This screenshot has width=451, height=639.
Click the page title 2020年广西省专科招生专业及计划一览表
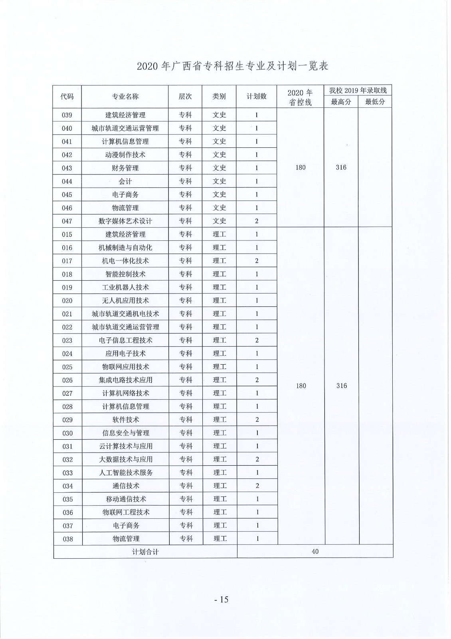[x=232, y=66]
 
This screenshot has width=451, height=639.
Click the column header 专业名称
[x=125, y=96]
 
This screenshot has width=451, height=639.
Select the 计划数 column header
[x=256, y=96]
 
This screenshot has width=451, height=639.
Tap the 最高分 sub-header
[x=341, y=102]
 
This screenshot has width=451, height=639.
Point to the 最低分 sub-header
[x=375, y=102]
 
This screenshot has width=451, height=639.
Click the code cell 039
[x=67, y=115]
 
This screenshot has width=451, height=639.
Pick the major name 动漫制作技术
[x=125, y=155]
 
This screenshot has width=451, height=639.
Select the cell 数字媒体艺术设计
[x=125, y=221]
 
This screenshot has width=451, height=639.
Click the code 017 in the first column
[x=67, y=261]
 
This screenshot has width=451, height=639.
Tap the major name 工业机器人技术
[x=125, y=287]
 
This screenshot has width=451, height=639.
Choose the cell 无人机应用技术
[x=125, y=300]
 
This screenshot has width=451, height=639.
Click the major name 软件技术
[x=126, y=419]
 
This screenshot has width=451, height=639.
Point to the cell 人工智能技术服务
[x=126, y=472]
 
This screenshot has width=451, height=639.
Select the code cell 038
[x=68, y=539]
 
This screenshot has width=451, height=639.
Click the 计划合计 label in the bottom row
[x=145, y=552]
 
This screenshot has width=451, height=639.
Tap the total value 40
[x=315, y=552]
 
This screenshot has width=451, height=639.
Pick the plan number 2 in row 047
[x=257, y=221]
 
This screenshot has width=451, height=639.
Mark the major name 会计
[x=125, y=181]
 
